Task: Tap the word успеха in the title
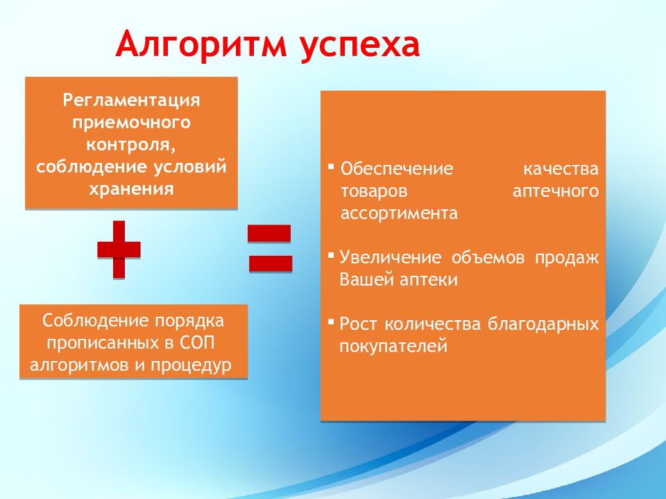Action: pos(360,46)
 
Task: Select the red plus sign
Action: pos(119,249)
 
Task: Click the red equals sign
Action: pos(270,248)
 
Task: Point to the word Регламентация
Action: pos(132,100)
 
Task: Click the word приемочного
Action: pos(132,123)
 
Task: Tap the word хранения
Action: pos(132,189)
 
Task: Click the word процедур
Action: pos(191,366)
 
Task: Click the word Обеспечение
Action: pos(397,169)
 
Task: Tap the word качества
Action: pos(561,169)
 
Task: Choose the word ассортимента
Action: pos(400,213)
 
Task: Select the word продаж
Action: pos(567,259)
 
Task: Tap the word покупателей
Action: pos(393,347)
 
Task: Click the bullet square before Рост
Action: pos(332,322)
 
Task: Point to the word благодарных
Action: pos(543,324)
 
